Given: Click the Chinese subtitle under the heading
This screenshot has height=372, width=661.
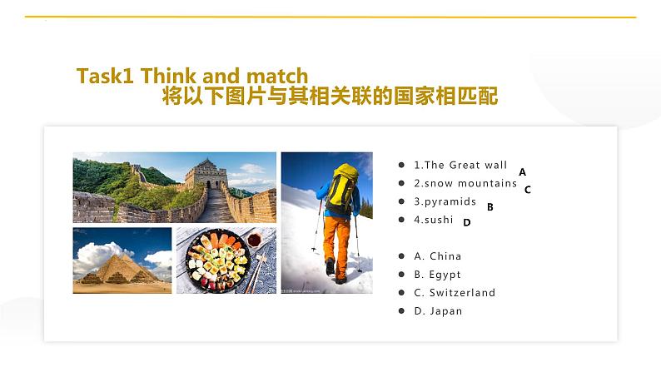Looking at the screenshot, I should click(330, 97).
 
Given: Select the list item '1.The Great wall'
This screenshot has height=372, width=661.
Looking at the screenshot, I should click(460, 165).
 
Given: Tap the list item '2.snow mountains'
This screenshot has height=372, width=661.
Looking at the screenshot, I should click(465, 183).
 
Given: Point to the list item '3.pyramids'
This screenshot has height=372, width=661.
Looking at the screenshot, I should click(445, 201).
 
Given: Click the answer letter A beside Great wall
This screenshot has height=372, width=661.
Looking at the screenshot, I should click(522, 171).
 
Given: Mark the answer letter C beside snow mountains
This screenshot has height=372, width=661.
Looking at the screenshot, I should click(527, 189).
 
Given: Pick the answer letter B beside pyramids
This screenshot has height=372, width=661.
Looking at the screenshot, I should click(490, 207).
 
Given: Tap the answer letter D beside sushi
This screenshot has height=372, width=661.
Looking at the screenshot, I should click(467, 222).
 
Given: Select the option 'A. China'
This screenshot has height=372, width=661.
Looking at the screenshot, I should click(437, 256).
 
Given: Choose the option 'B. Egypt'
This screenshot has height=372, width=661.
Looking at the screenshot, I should click(437, 275).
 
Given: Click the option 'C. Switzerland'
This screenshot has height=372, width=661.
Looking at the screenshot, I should click(454, 293).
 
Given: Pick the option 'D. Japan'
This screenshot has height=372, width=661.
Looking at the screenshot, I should click(437, 311).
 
